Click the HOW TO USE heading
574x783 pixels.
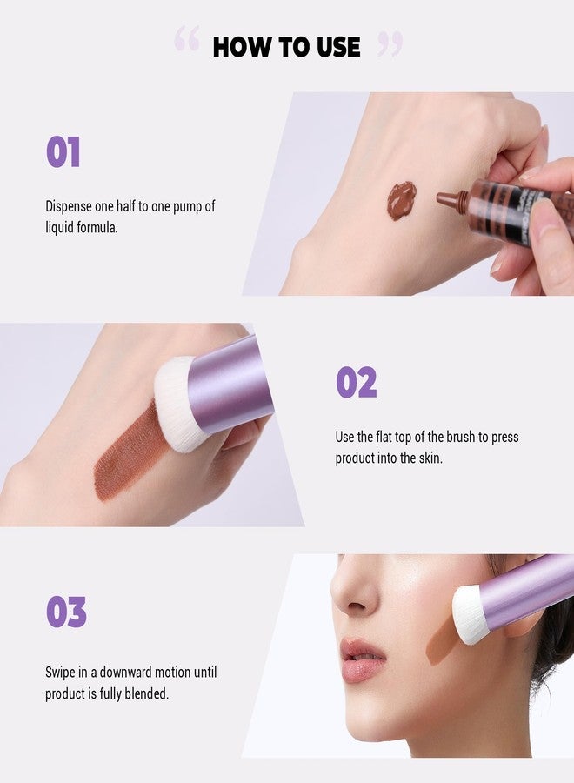(286, 47)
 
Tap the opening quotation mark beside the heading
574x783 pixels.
(186, 39)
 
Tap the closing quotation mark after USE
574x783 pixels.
(390, 43)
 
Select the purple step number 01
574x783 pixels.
(63, 152)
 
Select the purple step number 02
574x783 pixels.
(357, 383)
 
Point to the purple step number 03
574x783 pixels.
(66, 612)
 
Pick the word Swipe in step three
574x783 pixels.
(62, 673)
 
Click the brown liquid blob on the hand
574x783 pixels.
(401, 199)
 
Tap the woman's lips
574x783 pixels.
(363, 659)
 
